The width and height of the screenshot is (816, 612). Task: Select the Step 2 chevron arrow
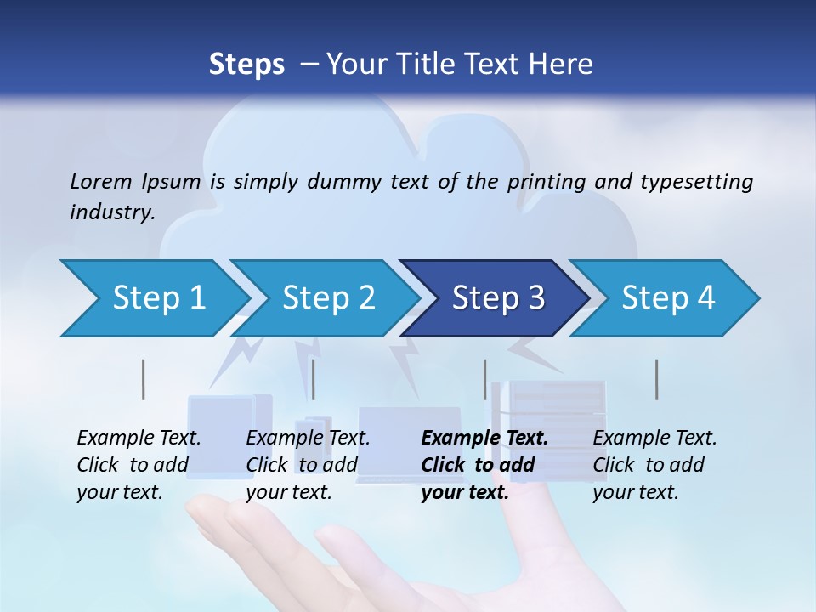click(327, 298)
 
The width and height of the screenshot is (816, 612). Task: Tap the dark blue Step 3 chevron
click(497, 298)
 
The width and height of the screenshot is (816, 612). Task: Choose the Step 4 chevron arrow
click(667, 298)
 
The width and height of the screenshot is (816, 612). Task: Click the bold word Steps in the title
click(246, 64)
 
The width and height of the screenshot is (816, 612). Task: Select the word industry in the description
click(110, 212)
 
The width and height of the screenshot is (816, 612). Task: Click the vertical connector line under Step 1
click(144, 379)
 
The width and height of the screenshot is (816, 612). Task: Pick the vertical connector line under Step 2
click(314, 379)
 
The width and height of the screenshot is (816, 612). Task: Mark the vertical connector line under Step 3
click(484, 379)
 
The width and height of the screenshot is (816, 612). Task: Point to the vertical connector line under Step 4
click(656, 379)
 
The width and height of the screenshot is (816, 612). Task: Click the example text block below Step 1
click(139, 465)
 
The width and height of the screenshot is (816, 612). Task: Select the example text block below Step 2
click(308, 465)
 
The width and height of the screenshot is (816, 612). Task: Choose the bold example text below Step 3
click(484, 465)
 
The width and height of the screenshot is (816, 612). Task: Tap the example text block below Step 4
click(654, 465)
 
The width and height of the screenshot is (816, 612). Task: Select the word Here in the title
click(563, 64)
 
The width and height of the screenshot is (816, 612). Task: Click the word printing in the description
click(547, 181)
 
